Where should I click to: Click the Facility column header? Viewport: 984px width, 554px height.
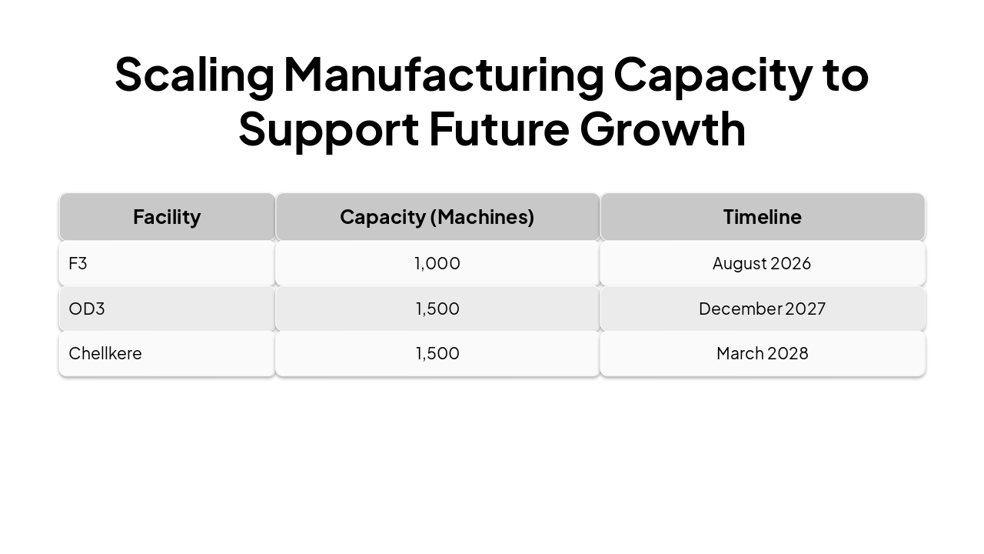pos(167,217)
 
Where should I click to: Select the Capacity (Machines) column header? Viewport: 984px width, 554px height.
pos(437,217)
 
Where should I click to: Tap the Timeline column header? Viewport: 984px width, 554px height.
pos(762,217)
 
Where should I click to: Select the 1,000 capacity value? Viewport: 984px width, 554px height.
pos(437,263)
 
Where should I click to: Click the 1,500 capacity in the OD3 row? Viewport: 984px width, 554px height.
pos(437,309)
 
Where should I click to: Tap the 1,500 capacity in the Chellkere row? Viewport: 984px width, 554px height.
pos(437,353)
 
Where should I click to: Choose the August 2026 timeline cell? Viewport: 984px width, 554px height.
pos(762,263)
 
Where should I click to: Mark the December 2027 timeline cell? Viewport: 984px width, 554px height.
pos(762,309)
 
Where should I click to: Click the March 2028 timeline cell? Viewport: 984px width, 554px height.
pos(762,353)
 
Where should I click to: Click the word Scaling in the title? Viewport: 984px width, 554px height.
pos(194,75)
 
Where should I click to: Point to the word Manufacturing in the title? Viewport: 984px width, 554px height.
pos(444,75)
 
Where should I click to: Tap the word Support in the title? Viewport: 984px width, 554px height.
pos(328,128)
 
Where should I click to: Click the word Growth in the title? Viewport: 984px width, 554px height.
pos(663,128)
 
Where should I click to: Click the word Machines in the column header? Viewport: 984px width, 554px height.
pos(482,217)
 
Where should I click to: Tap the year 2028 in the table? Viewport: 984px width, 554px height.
pos(788,353)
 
